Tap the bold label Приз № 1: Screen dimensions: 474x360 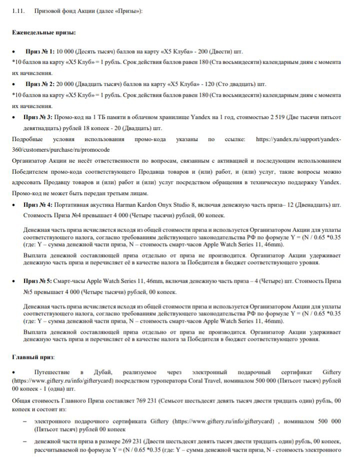[40, 52]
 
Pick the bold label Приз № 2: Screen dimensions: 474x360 [40, 84]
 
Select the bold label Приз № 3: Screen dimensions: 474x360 [40, 117]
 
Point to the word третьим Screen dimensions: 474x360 [110, 193]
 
